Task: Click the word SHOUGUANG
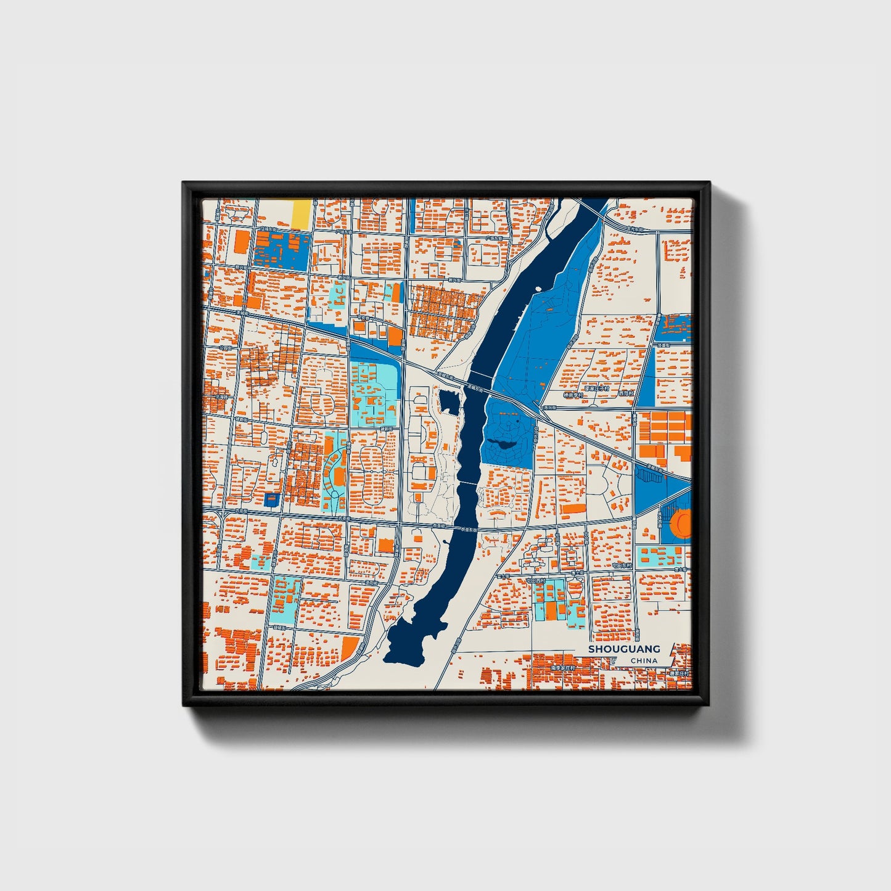pyautogui.click(x=623, y=649)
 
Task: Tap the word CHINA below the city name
pyautogui.click(x=644, y=660)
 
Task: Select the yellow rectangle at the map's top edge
pyautogui.click(x=301, y=213)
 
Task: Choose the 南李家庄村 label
pyautogui.click(x=562, y=668)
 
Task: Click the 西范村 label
pyautogui.click(x=625, y=393)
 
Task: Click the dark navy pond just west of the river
pyautogui.click(x=450, y=402)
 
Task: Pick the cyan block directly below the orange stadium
pyautogui.click(x=659, y=557)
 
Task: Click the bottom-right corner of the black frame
pyautogui.click(x=709, y=704)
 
